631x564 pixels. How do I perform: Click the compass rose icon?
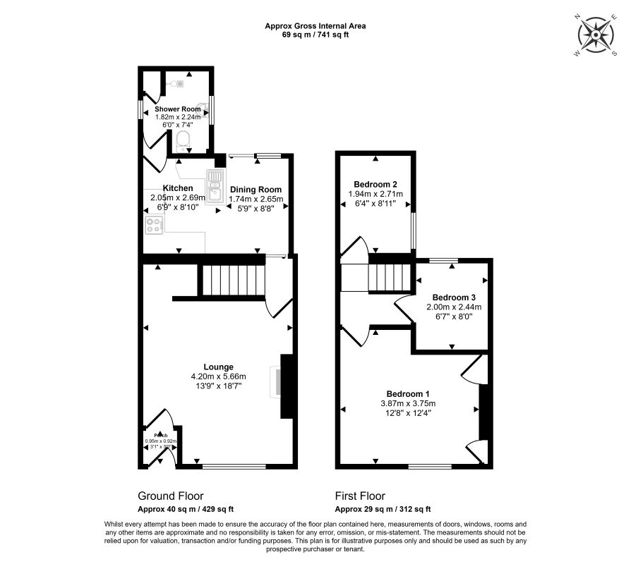(597, 35)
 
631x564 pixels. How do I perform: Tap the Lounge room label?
(218, 367)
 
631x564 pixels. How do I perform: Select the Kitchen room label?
(178, 188)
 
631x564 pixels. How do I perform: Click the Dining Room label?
(255, 189)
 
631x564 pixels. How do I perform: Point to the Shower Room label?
(178, 109)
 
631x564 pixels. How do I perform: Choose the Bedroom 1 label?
(407, 393)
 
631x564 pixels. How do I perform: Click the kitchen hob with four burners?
(153, 226)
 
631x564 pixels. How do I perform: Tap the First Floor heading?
(359, 496)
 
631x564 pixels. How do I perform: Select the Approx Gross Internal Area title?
(315, 26)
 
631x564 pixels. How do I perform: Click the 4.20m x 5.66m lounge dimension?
(218, 376)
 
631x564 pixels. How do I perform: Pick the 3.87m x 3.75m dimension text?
(407, 403)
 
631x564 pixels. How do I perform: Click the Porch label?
(161, 435)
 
